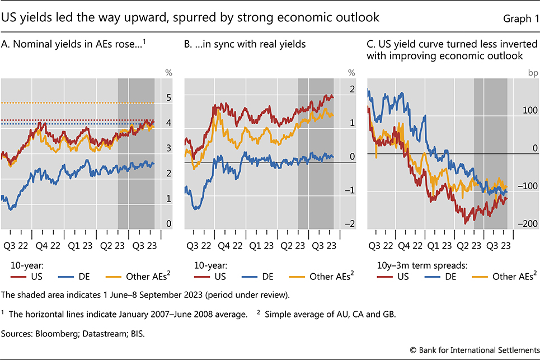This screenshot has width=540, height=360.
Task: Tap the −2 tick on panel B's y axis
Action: [x=351, y=224]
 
